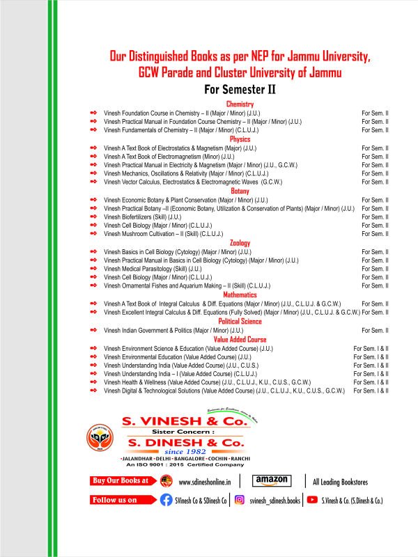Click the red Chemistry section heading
tap(240, 104)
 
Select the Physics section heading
tap(240, 139)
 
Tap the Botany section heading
tap(240, 190)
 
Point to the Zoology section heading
tap(240, 242)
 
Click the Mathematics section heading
tap(240, 295)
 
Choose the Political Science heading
tap(240, 321)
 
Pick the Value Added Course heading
tap(240, 339)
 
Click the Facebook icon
tap(166, 499)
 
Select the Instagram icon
tap(239, 499)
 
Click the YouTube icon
tap(311, 499)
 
